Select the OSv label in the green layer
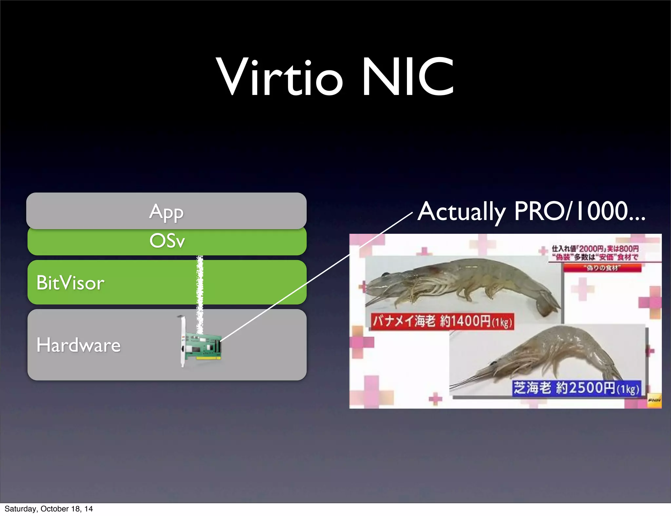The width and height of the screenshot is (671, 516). click(x=167, y=241)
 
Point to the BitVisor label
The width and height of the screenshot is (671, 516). click(x=70, y=283)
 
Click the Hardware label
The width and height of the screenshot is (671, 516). click(x=79, y=345)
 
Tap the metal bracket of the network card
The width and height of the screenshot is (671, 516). click(x=182, y=341)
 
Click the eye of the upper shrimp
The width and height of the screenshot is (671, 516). click(x=388, y=274)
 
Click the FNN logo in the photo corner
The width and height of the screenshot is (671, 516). click(x=654, y=400)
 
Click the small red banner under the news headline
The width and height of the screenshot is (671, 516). click(x=602, y=268)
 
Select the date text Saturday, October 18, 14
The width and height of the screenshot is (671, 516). click(x=48, y=509)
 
